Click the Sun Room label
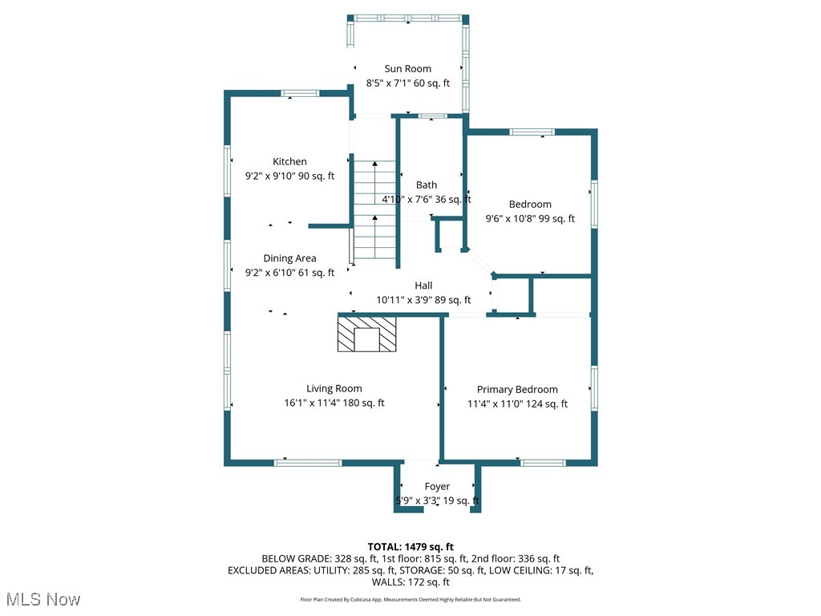coord(408,69)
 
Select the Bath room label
coord(427,185)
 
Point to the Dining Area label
coord(289,258)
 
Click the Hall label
coord(423,286)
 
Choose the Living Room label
coord(334,389)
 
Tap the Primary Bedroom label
coord(517,390)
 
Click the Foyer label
coord(437,487)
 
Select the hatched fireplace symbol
coord(366,334)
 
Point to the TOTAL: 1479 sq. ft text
coord(410,547)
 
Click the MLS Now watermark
coord(43,599)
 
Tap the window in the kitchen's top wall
coord(300,94)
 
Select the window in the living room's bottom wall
coord(308,463)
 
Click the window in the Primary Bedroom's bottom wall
coord(543,463)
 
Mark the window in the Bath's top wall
coord(432,115)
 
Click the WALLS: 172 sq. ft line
coord(410,582)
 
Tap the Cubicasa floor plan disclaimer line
coord(410,600)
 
